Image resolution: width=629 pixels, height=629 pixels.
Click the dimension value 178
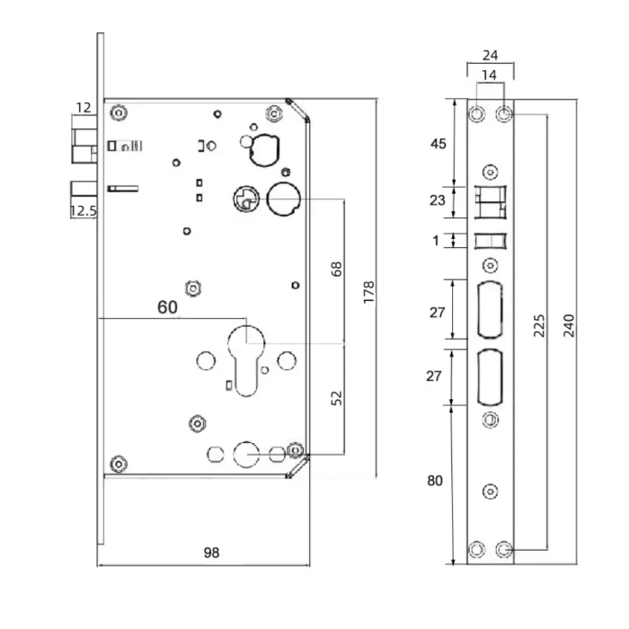(x=368, y=292)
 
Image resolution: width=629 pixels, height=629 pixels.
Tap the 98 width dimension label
(x=211, y=553)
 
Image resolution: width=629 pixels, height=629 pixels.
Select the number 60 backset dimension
(x=167, y=307)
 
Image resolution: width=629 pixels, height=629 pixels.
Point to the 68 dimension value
(x=337, y=269)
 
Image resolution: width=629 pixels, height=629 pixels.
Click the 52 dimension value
(x=337, y=397)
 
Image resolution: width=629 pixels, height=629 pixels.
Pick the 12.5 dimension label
(x=84, y=210)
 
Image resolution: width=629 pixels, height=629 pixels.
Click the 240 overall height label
(x=569, y=325)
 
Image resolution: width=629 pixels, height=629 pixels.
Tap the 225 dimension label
(x=539, y=325)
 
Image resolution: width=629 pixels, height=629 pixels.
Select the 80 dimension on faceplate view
(x=435, y=481)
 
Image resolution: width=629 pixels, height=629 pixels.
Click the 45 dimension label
(x=439, y=144)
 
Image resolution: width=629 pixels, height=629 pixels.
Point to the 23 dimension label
(x=438, y=200)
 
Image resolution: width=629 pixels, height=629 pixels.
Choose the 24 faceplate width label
(x=491, y=56)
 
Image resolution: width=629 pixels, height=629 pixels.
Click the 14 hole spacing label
(x=489, y=75)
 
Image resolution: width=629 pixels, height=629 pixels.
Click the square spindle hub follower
(x=246, y=199)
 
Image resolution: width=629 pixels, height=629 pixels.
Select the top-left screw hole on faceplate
(x=476, y=114)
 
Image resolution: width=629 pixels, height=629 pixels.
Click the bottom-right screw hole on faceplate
(x=504, y=549)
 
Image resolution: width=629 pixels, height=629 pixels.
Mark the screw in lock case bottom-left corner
(x=119, y=465)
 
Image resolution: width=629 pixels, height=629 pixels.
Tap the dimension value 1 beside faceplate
(x=436, y=241)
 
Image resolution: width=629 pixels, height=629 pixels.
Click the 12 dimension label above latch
(x=84, y=108)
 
